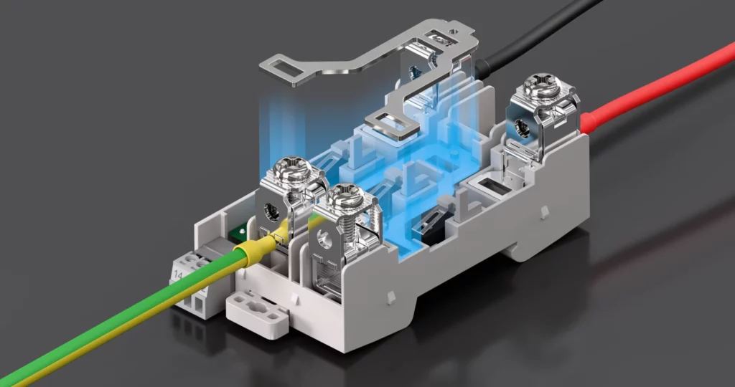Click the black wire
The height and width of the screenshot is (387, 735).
546,36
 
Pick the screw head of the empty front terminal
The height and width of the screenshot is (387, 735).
346,194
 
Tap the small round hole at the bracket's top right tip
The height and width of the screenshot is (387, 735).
452,31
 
